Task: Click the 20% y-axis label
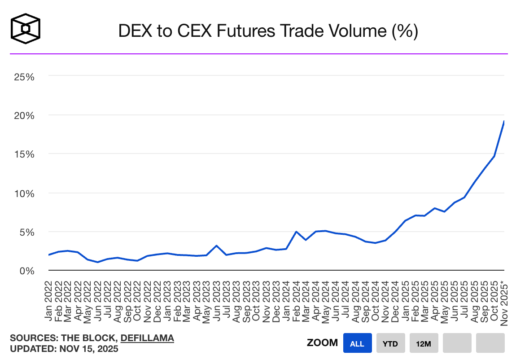point(24,115)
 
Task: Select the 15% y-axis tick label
point(24,154)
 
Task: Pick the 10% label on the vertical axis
point(24,193)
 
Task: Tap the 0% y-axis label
point(27,271)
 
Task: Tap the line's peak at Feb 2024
point(296,232)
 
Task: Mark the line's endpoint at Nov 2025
point(504,121)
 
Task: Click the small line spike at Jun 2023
point(217,246)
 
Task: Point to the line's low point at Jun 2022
point(98,262)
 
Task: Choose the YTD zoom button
point(391,344)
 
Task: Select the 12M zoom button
point(424,344)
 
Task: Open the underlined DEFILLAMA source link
point(147,338)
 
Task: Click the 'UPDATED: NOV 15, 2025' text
point(64,349)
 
